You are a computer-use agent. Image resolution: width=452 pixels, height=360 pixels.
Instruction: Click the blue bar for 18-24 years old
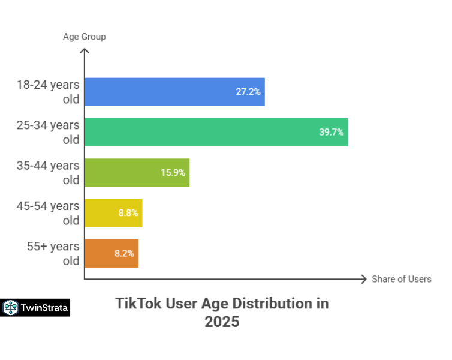[174, 92]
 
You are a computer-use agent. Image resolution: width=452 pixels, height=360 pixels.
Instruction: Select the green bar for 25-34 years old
[216, 132]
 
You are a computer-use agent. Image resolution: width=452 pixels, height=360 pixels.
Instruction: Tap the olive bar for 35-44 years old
[137, 172]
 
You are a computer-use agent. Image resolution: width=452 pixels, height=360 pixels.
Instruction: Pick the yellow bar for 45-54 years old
[113, 213]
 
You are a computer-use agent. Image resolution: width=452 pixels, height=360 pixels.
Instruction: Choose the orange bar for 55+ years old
[111, 253]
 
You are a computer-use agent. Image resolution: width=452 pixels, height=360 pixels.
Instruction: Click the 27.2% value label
[248, 92]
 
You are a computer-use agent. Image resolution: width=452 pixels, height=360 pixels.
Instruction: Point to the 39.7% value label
[331, 132]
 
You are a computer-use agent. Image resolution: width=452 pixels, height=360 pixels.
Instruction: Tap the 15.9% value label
[173, 172]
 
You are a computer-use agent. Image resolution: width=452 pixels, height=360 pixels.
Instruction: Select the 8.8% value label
[127, 213]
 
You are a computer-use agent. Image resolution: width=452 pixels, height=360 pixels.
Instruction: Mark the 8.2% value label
[124, 253]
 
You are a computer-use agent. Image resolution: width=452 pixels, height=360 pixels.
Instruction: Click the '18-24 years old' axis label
[47, 92]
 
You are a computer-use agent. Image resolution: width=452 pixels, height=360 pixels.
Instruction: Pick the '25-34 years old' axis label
[47, 132]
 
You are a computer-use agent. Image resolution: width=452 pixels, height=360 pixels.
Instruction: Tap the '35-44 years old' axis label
[47, 172]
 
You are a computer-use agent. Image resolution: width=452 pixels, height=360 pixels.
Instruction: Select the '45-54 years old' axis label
[47, 213]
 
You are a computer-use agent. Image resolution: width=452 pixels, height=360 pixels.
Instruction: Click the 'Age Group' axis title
[84, 37]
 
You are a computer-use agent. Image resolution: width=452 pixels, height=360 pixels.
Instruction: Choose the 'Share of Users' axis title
[401, 279]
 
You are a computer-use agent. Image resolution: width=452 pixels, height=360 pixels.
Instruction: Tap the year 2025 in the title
[222, 322]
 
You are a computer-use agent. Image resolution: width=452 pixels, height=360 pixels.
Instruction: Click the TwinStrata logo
[35, 308]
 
